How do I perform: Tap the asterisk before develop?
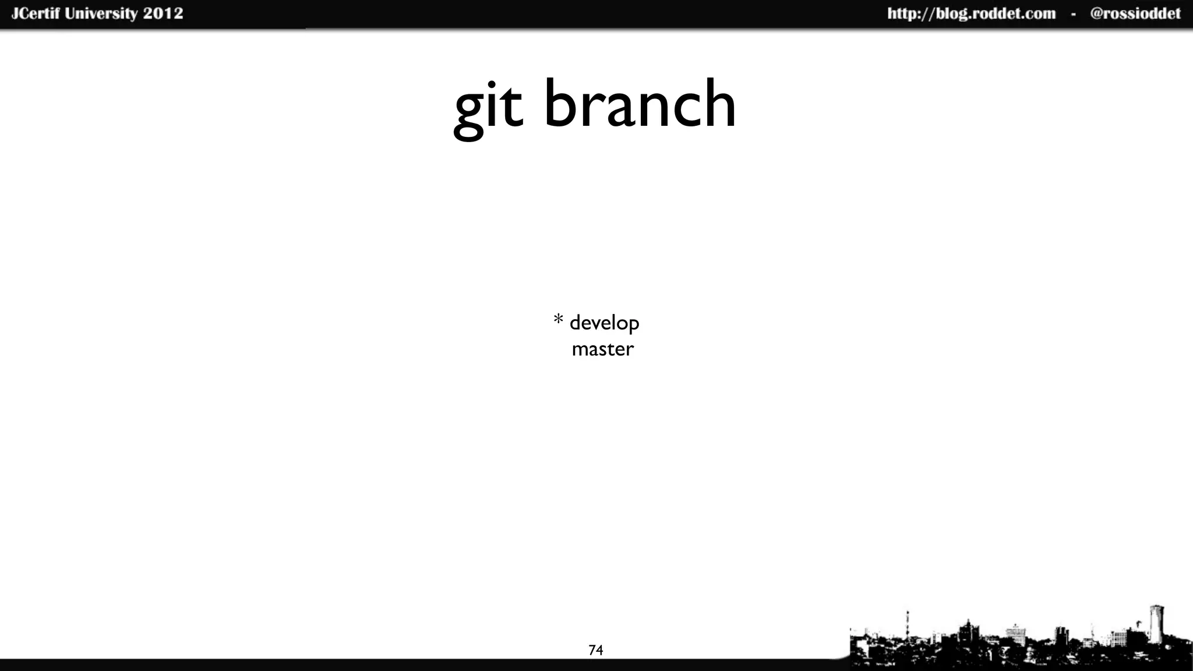pos(558,320)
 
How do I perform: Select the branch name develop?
pos(604,323)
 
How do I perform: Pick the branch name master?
pos(602,349)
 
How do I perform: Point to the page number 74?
pos(595,650)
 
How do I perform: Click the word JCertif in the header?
pos(36,13)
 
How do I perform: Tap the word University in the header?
pos(101,13)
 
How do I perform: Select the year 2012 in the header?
pos(163,13)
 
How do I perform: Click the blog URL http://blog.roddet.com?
pos(971,14)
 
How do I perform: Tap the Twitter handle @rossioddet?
pos(1135,14)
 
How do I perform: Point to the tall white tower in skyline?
pos(1156,624)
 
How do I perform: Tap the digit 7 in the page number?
pos(592,650)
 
